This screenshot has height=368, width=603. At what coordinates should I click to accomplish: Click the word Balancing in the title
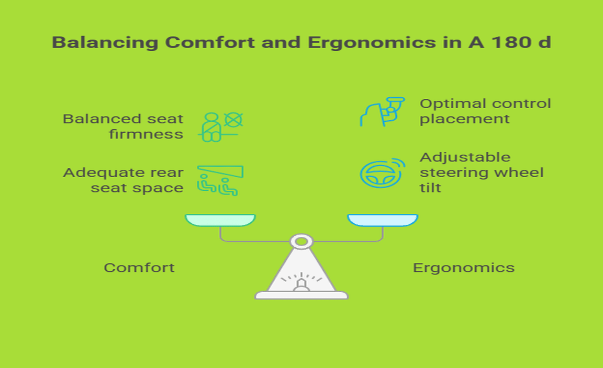click(x=105, y=43)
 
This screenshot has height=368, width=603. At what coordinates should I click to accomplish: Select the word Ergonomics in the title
click(x=372, y=43)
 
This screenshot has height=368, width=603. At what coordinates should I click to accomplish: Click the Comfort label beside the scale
click(x=139, y=267)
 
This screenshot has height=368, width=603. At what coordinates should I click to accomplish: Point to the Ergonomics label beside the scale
click(x=463, y=268)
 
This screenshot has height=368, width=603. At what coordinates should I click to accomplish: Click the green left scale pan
click(x=220, y=220)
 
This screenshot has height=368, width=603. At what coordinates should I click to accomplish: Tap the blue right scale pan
click(x=383, y=220)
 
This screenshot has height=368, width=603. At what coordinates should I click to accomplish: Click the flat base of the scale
click(x=301, y=295)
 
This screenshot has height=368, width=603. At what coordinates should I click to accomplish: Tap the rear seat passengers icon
click(x=220, y=180)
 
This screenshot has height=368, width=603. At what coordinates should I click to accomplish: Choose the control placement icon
click(x=382, y=112)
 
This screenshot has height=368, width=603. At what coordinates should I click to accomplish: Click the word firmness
click(x=146, y=134)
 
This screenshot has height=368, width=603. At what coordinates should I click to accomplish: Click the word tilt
click(x=430, y=188)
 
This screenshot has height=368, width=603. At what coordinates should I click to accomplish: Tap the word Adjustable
click(x=465, y=158)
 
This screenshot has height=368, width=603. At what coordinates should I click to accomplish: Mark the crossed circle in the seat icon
click(x=233, y=120)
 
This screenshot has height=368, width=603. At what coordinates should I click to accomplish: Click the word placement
click(x=465, y=120)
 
